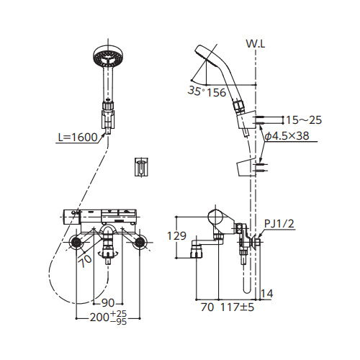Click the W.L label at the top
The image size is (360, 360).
pyautogui.click(x=256, y=44)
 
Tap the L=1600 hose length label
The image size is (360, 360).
pyautogui.click(x=78, y=138)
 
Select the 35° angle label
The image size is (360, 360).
pyautogui.click(x=197, y=91)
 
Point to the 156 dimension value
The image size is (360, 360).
pyautogui.click(x=216, y=92)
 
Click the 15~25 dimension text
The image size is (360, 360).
pyautogui.click(x=304, y=120)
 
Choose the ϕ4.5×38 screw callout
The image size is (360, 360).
pyautogui.click(x=287, y=136)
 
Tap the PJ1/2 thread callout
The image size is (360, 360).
pyautogui.click(x=279, y=224)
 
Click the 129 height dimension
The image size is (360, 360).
pyautogui.click(x=176, y=236)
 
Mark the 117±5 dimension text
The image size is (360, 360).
pyautogui.click(x=237, y=307)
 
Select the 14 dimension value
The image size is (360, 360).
pyautogui.click(x=267, y=294)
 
